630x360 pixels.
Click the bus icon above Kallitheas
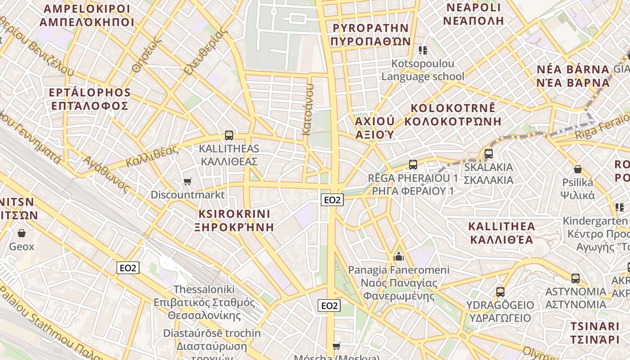click(229, 135)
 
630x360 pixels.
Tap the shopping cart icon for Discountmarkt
click(188, 181)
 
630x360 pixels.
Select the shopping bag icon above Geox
click(21, 233)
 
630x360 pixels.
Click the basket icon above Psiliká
click(578, 170)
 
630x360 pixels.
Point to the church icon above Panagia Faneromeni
click(398, 257)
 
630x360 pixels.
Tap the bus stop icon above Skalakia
click(489, 154)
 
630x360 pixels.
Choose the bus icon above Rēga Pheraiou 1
click(413, 165)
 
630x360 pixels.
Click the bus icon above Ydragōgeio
click(500, 292)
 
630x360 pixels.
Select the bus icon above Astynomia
click(575, 278)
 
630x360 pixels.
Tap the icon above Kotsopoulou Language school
click(423, 50)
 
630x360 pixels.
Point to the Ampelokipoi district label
click(87, 16)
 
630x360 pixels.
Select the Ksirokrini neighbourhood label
click(234, 220)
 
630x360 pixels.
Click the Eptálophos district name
click(90, 99)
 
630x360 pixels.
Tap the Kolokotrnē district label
click(453, 115)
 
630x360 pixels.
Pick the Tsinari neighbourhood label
click(595, 333)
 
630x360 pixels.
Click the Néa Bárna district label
click(573, 76)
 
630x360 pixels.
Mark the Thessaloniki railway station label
click(204, 302)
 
